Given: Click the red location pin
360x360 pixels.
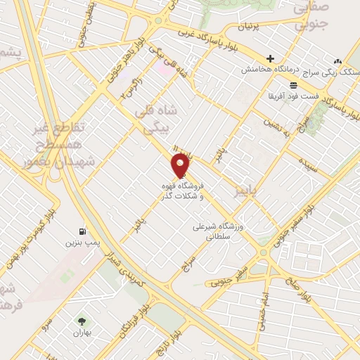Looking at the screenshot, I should (181, 165).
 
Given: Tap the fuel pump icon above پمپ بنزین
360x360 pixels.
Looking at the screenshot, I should (83, 231).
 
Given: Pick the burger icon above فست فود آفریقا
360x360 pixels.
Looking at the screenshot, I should (273, 85).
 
